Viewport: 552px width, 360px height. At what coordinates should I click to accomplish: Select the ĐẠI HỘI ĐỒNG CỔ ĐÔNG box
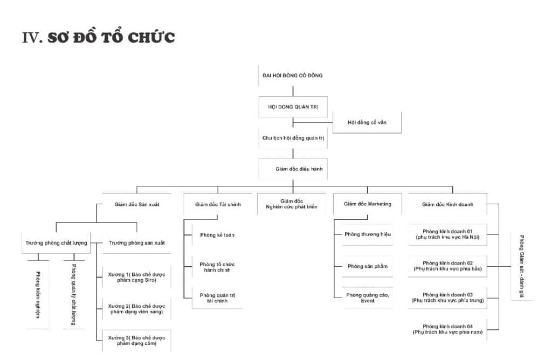pyautogui.click(x=292, y=75)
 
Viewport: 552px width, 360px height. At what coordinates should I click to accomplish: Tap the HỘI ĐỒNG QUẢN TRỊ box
pyautogui.click(x=293, y=107)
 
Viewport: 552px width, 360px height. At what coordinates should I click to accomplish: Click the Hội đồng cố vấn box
pyautogui.click(x=367, y=122)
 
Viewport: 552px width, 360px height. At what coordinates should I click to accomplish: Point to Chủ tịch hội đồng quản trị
pyautogui.click(x=293, y=138)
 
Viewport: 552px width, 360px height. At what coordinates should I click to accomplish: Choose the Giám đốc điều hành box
pyautogui.click(x=293, y=169)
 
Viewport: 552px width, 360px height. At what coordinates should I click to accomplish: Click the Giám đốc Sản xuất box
pyautogui.click(x=137, y=205)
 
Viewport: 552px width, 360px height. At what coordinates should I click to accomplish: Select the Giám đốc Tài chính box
pyautogui.click(x=218, y=205)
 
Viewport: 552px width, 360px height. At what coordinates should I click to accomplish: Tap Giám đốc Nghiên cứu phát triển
pyautogui.click(x=292, y=204)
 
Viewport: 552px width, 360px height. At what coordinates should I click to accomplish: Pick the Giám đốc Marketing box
pyautogui.click(x=367, y=204)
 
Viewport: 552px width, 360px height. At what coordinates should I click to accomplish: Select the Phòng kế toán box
pyautogui.click(x=217, y=235)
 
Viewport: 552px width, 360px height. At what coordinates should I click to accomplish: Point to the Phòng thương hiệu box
pyautogui.click(x=368, y=234)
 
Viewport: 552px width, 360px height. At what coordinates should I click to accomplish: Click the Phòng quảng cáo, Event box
pyautogui.click(x=368, y=297)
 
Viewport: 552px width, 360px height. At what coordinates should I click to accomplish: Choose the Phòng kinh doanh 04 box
pyautogui.click(x=447, y=329)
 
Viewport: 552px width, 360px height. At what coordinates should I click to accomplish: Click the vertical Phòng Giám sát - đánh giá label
pyautogui.click(x=521, y=266)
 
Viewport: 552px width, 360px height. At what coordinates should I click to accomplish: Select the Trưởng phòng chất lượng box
pyautogui.click(x=56, y=243)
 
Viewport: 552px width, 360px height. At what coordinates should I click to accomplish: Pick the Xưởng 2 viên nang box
pyautogui.click(x=136, y=309)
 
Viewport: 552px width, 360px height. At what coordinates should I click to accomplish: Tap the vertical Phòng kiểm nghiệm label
pyautogui.click(x=38, y=294)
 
